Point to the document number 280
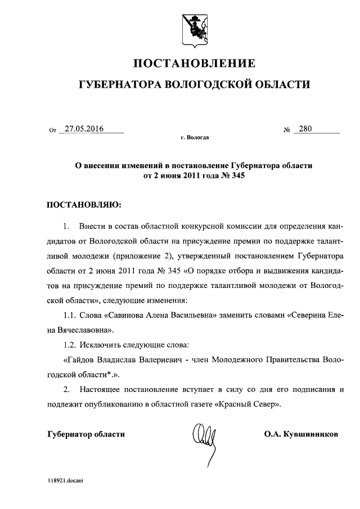pos(305,129)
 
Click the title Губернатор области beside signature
pos(85,434)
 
